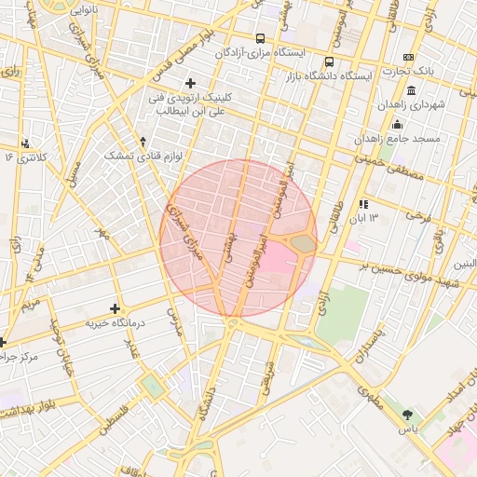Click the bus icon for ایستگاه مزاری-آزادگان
point(259,39)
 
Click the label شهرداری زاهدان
point(413,105)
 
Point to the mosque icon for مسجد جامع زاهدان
point(398,125)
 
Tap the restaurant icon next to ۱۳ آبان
point(363,203)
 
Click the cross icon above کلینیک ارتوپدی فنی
point(191,83)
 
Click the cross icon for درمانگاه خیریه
point(115,308)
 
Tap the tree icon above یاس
point(406,414)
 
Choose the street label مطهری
point(368,395)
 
